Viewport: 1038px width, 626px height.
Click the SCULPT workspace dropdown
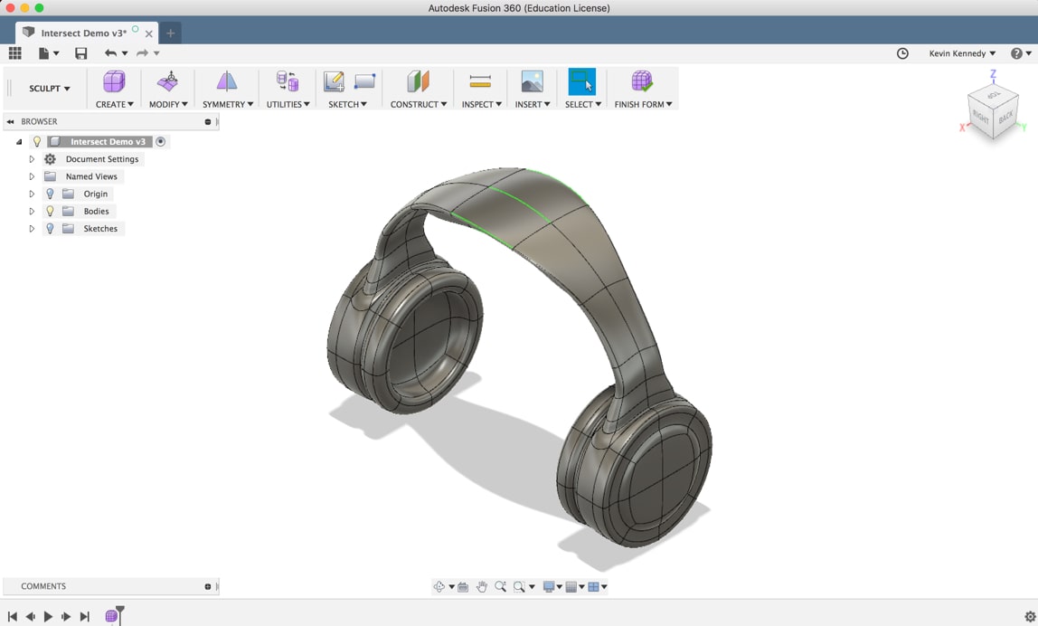tap(50, 89)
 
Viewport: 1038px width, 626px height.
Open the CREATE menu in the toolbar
tap(114, 104)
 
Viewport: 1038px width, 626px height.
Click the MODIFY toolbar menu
tap(168, 104)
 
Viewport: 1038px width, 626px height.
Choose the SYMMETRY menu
tap(227, 104)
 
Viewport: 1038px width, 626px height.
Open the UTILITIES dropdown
tap(288, 104)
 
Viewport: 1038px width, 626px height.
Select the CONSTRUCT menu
tap(418, 104)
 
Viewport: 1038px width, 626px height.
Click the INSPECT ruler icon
tap(480, 82)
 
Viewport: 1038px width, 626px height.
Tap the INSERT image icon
tap(532, 82)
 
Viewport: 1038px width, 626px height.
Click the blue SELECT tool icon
tap(581, 82)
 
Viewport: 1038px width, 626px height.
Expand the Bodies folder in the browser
tap(32, 212)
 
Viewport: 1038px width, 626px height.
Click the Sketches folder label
tap(100, 229)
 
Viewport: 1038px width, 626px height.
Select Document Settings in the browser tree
tap(101, 159)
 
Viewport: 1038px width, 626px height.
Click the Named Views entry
tap(91, 176)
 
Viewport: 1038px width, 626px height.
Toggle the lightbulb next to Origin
tap(50, 194)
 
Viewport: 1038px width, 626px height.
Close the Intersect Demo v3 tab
tap(149, 33)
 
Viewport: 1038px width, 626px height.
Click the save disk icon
tap(81, 53)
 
